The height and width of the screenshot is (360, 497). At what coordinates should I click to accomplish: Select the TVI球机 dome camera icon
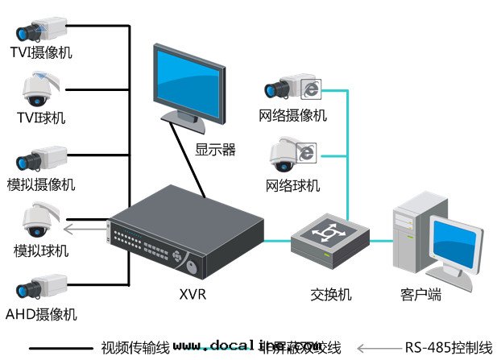39,90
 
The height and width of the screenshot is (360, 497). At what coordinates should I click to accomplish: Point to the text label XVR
193,295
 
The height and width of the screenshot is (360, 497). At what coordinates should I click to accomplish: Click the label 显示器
215,149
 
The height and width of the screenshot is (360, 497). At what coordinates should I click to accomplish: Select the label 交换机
330,295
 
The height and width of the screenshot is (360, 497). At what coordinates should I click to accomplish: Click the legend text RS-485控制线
448,348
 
